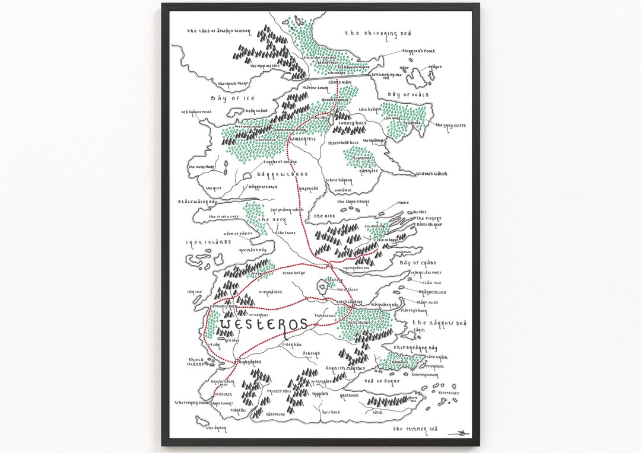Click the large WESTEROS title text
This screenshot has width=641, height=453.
[263, 325]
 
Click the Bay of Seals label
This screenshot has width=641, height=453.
[408, 94]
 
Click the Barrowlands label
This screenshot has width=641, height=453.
[282, 174]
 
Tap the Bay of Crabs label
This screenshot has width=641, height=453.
[417, 262]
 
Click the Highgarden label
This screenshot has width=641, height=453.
[248, 362]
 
